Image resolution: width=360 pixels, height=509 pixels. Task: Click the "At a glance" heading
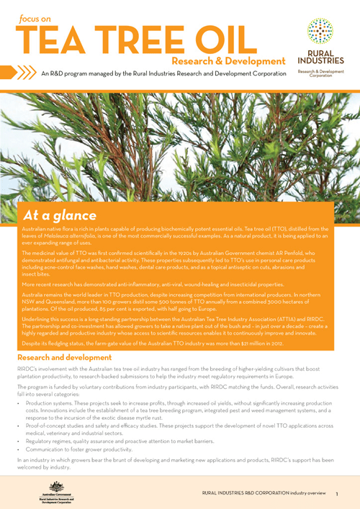coord(59,215)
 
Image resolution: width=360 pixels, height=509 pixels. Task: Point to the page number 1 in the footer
coord(336,495)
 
